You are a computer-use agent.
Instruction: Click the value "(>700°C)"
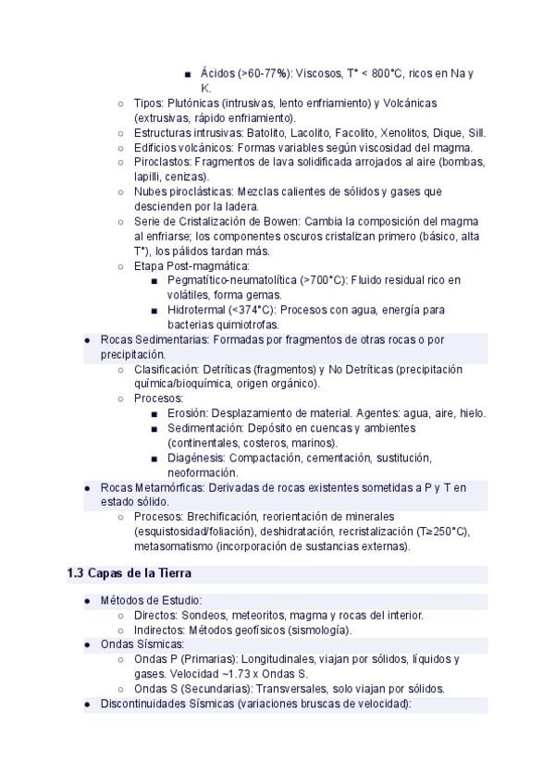click(324, 280)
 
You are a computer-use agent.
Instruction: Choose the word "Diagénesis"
click(196, 458)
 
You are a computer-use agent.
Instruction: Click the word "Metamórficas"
click(170, 487)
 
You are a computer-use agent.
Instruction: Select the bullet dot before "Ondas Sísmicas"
click(87, 644)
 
